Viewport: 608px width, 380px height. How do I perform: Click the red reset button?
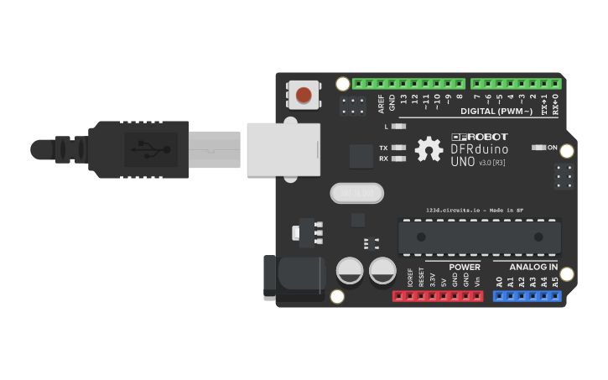(303, 94)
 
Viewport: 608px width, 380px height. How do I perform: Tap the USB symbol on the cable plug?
(148, 150)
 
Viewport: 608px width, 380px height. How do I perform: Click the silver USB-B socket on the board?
(283, 149)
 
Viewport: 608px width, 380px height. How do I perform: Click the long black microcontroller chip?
(479, 236)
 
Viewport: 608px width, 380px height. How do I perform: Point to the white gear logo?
(429, 149)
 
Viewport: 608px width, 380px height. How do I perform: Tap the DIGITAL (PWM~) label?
(496, 112)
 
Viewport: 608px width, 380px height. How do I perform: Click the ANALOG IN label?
(533, 267)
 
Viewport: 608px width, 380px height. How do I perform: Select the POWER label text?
(464, 267)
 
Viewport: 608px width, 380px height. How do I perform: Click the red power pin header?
(438, 296)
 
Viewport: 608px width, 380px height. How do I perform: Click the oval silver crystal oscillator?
(356, 194)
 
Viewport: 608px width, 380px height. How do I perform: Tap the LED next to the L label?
(399, 127)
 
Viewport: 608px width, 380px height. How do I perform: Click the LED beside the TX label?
(399, 148)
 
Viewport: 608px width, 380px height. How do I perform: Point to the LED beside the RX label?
(399, 159)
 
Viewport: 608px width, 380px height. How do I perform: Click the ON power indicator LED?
(539, 148)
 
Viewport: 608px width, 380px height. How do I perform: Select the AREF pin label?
(382, 104)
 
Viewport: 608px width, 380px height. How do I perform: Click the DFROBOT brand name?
(480, 137)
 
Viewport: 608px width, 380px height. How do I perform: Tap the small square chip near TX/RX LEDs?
(361, 156)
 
